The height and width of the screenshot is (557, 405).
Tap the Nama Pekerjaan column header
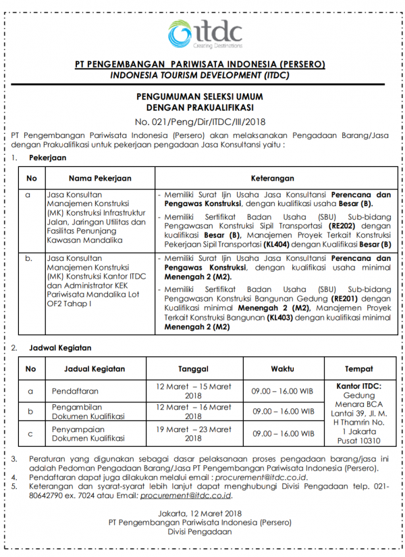click(x=99, y=178)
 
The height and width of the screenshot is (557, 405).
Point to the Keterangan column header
click(x=273, y=178)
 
